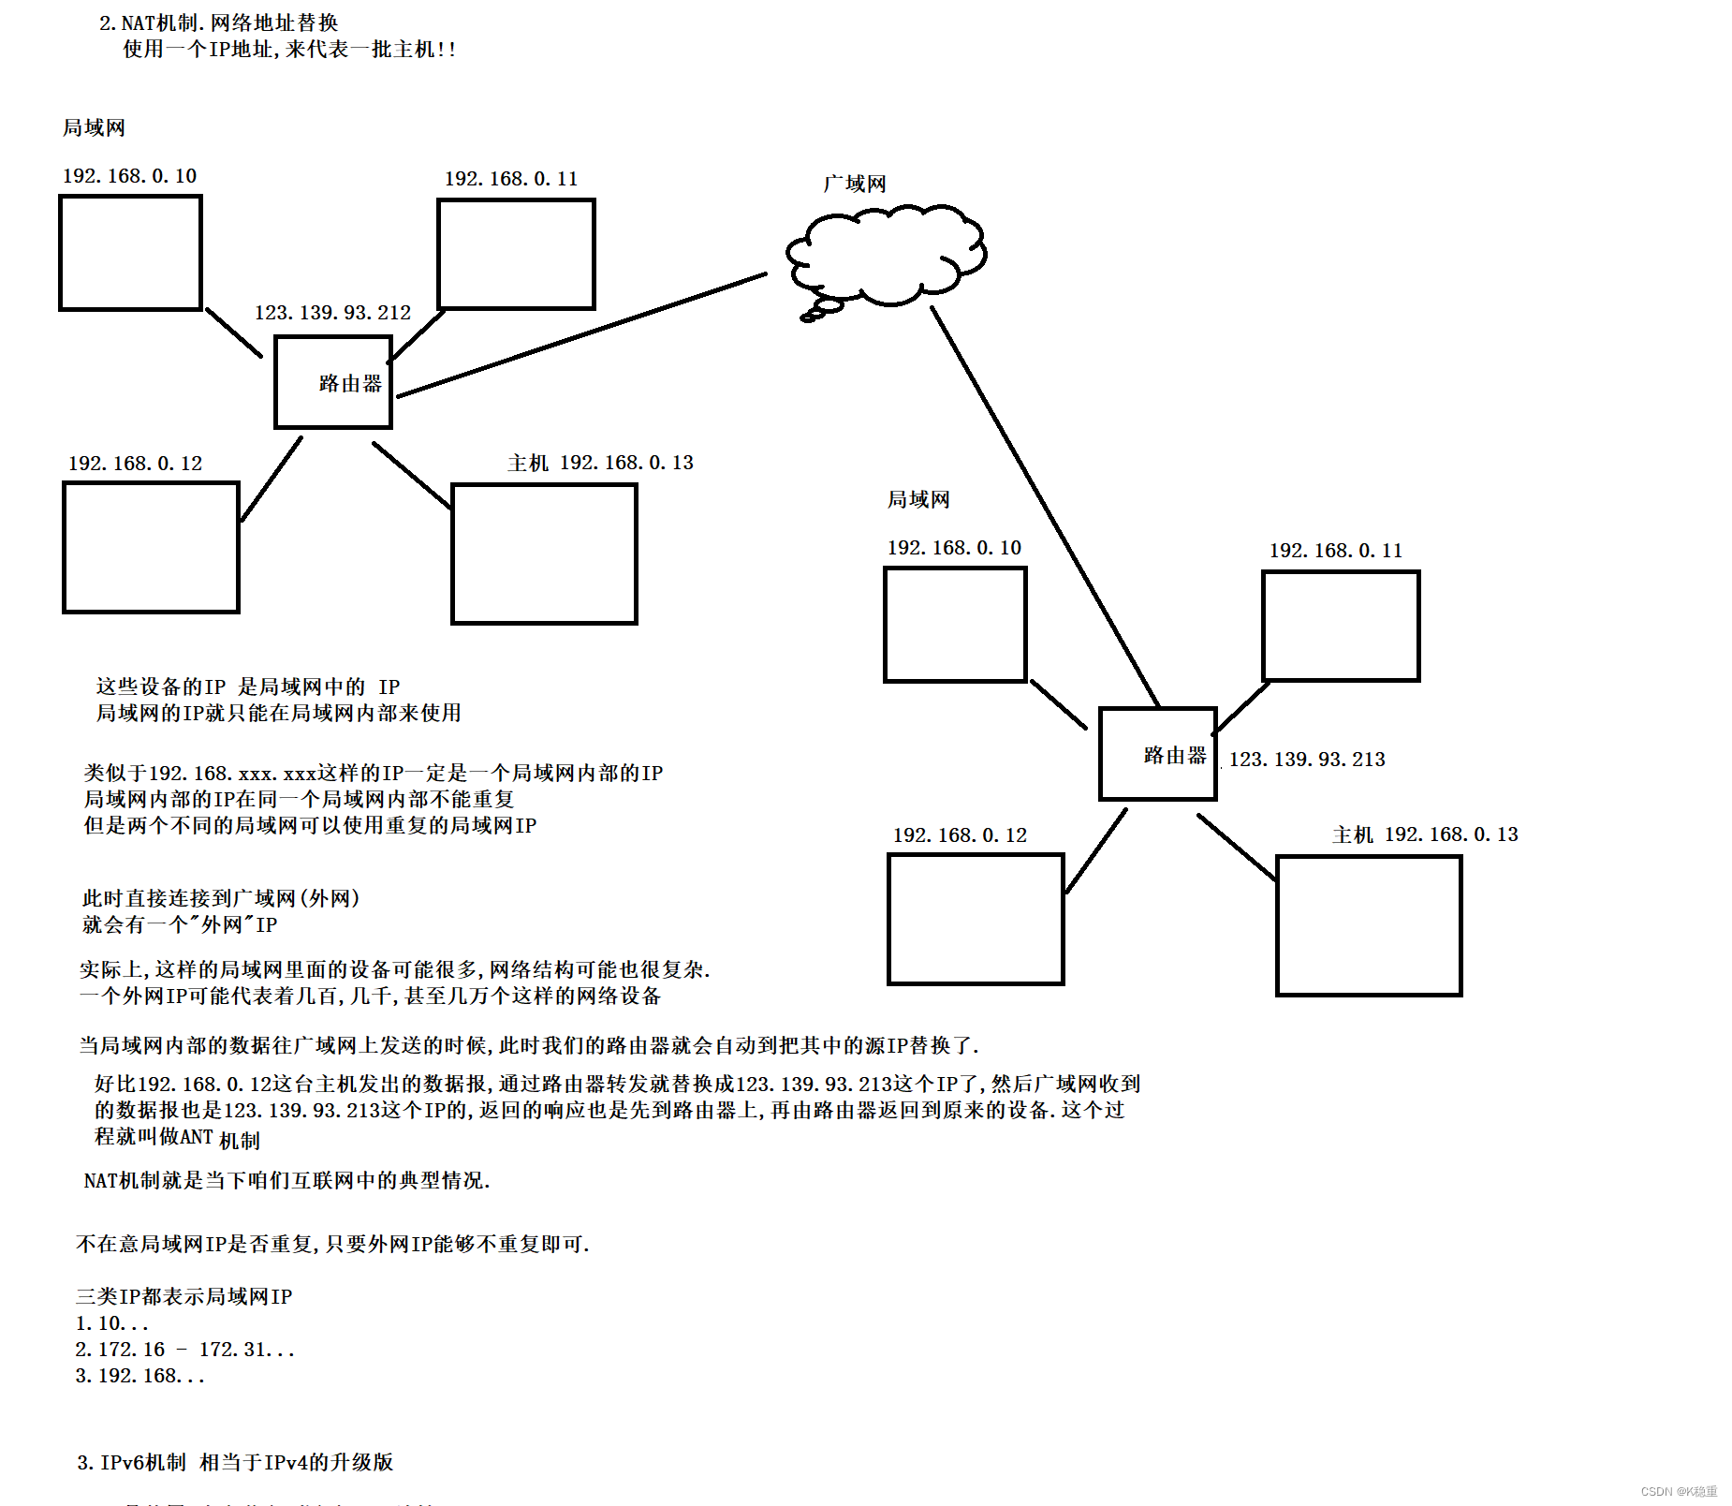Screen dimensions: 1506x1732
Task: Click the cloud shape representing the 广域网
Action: [x=885, y=255]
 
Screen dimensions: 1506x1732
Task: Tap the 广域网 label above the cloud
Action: [x=854, y=184]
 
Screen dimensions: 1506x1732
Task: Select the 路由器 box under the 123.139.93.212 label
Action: [x=332, y=382]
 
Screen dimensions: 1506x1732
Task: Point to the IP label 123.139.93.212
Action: [x=332, y=312]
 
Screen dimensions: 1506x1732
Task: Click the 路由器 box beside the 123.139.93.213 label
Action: [x=1157, y=754]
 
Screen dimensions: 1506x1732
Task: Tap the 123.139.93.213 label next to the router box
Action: [x=1307, y=759]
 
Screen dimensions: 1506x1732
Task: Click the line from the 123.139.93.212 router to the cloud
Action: [x=580, y=335]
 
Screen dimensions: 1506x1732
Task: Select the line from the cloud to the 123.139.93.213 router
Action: [x=1044, y=506]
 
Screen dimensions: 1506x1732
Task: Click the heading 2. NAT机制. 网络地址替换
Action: [x=218, y=22]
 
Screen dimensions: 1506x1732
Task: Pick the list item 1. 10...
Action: [x=111, y=1323]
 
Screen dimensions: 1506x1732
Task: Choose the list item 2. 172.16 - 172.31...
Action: [x=184, y=1350]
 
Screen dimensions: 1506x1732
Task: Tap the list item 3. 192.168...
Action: [x=139, y=1376]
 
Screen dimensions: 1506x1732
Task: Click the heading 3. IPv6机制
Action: [x=235, y=1462]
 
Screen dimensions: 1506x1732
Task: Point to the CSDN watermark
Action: [x=1679, y=1491]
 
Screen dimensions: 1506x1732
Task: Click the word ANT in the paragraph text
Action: [x=197, y=1136]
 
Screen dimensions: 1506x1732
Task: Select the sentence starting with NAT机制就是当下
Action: [x=286, y=1180]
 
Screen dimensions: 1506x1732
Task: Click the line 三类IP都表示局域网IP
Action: [x=183, y=1296]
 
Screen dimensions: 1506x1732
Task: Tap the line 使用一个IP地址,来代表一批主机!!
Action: [x=289, y=49]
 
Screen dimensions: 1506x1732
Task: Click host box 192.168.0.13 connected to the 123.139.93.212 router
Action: [x=544, y=553]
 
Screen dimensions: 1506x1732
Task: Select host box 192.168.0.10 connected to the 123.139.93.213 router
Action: [x=955, y=625]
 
